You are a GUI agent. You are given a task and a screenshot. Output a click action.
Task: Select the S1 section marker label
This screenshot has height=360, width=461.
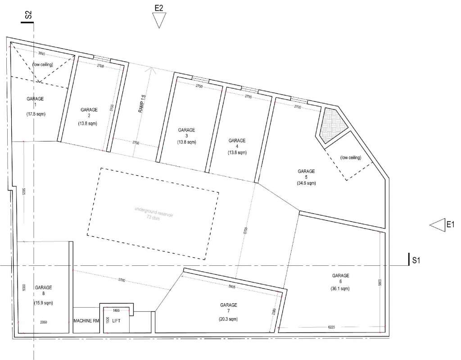[416, 260]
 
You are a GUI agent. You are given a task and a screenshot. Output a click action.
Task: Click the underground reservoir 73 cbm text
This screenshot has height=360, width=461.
[154, 214]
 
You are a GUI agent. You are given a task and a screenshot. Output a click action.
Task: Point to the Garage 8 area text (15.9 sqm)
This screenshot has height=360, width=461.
[43, 303]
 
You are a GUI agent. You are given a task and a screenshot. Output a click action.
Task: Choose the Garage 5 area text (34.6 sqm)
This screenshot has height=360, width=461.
[306, 183]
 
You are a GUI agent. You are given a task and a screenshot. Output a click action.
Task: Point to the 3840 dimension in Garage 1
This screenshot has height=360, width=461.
[42, 53]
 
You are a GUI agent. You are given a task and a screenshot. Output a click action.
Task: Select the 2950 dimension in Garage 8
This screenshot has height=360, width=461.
[44, 322]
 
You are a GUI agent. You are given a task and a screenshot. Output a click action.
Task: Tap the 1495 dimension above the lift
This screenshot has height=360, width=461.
[116, 310]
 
